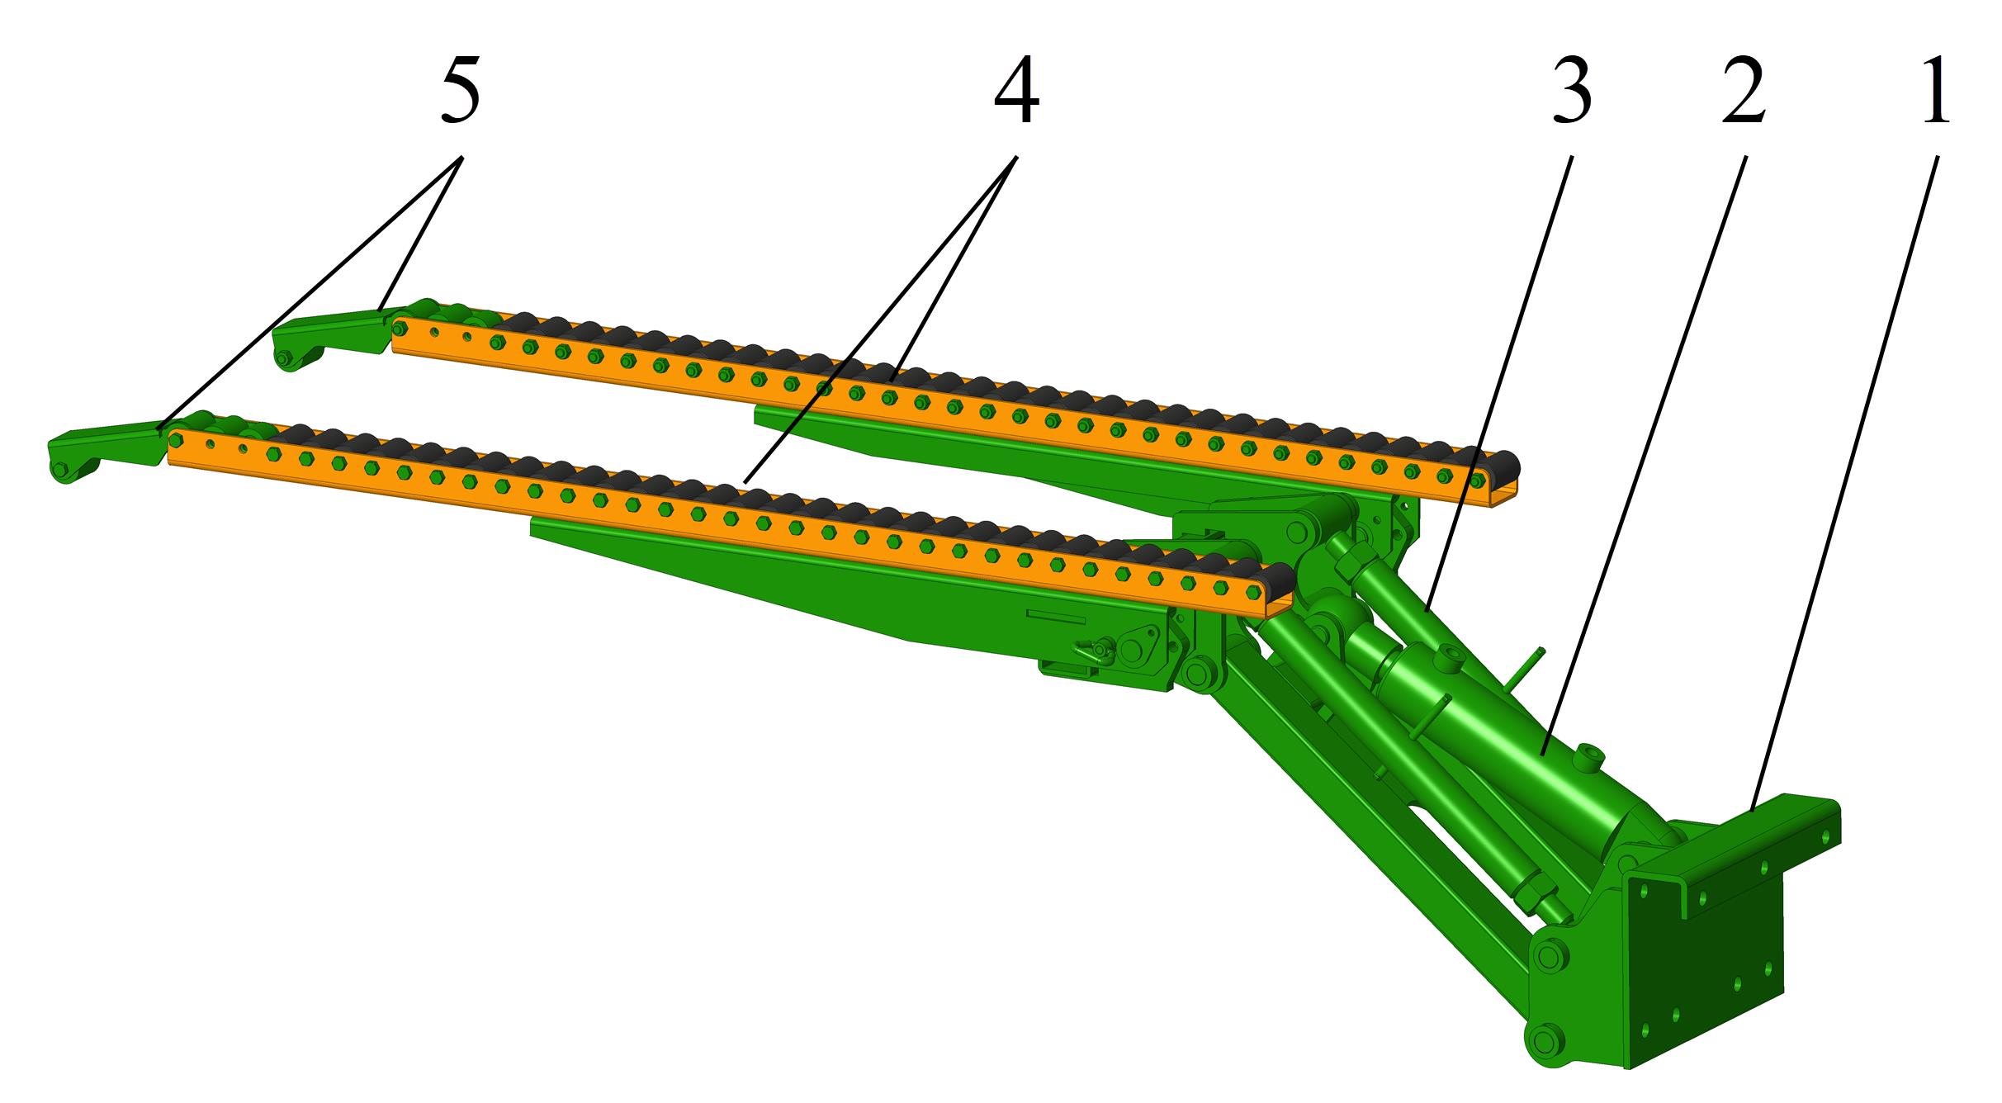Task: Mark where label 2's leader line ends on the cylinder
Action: pos(1542,755)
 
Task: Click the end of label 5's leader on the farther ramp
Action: pos(381,310)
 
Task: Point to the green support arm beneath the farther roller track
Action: pos(1048,462)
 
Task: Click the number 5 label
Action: pos(461,93)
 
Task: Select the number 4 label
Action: pos(1016,93)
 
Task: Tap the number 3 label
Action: pos(1571,93)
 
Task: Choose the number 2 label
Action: pos(1744,93)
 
